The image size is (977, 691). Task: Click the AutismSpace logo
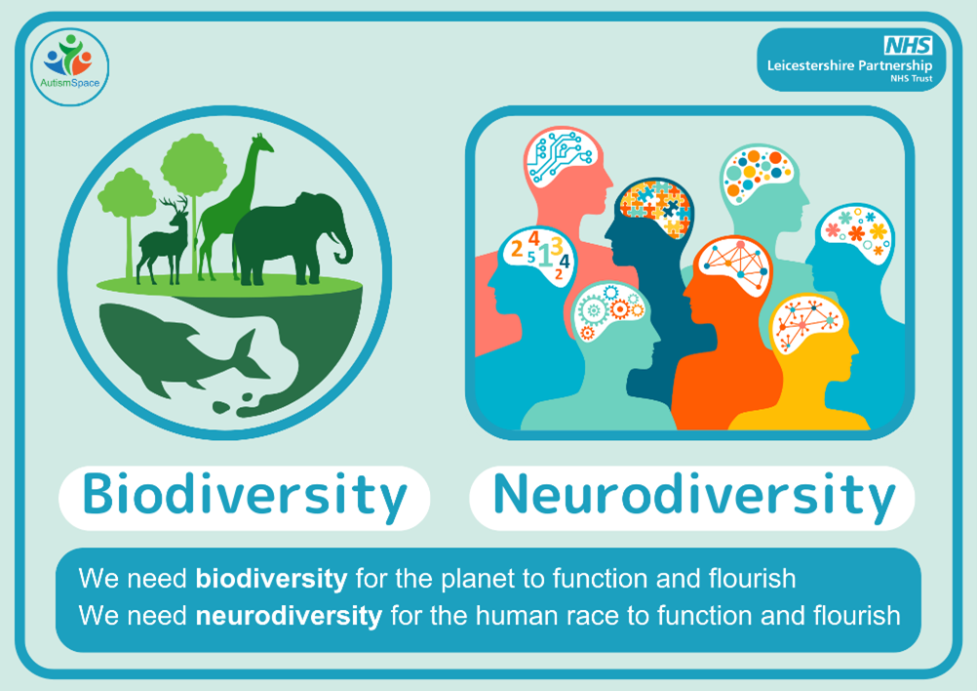(70, 66)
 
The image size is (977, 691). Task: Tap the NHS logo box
(908, 46)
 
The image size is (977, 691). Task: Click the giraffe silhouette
(235, 206)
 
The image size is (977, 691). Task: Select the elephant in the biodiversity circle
(293, 239)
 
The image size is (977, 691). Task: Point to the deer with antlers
(163, 240)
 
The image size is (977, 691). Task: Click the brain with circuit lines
(559, 157)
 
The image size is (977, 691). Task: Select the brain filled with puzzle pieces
(654, 207)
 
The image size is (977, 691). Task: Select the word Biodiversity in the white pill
(244, 497)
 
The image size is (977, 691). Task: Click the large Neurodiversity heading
(693, 497)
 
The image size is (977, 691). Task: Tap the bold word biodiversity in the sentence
(272, 579)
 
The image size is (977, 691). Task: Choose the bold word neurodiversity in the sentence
(290, 616)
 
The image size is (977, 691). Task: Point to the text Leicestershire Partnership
(849, 65)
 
